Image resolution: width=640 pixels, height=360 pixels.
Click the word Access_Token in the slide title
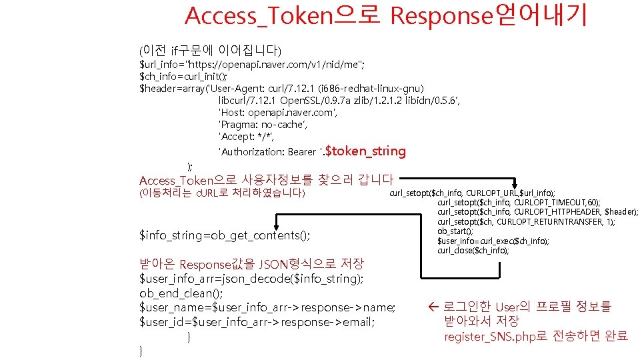(259, 15)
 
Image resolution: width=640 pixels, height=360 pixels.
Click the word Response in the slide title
(440, 15)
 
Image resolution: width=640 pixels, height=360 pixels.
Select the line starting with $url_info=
(251, 64)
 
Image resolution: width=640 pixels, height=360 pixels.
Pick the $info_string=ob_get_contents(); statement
(225, 235)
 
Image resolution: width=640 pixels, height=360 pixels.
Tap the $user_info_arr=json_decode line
(251, 278)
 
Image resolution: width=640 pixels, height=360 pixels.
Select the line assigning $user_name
(267, 307)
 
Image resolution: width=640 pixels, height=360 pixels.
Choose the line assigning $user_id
(257, 322)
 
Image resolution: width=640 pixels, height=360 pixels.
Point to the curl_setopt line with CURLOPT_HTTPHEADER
(537, 212)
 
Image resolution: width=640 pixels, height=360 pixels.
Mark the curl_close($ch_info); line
(473, 250)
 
